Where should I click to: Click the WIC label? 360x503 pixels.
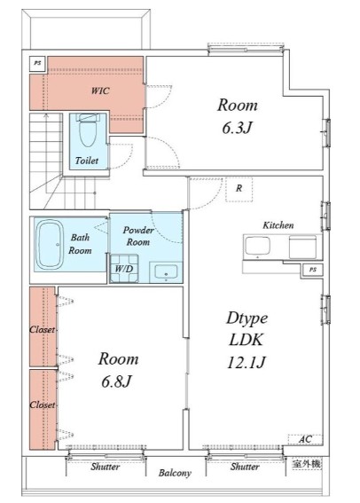100,90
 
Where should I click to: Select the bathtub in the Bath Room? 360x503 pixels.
50,244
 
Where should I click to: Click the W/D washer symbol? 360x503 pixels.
124,269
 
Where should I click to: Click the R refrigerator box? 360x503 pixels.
239,189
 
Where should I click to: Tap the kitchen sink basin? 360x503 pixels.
257,247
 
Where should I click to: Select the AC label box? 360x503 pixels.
304,439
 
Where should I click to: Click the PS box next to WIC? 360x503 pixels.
38,64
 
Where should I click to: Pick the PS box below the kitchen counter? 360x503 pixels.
313,270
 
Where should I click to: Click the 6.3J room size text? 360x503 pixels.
237,128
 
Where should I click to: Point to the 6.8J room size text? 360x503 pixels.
116,381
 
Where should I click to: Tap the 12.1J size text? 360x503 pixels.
247,363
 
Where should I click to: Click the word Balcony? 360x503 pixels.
175,473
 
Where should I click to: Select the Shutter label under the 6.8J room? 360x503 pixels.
106,467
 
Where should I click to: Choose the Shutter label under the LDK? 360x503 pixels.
245,467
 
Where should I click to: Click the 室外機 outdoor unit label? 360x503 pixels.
307,464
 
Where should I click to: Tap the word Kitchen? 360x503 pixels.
278,225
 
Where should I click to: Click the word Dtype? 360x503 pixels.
247,318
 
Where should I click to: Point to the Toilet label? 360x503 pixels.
87,161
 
